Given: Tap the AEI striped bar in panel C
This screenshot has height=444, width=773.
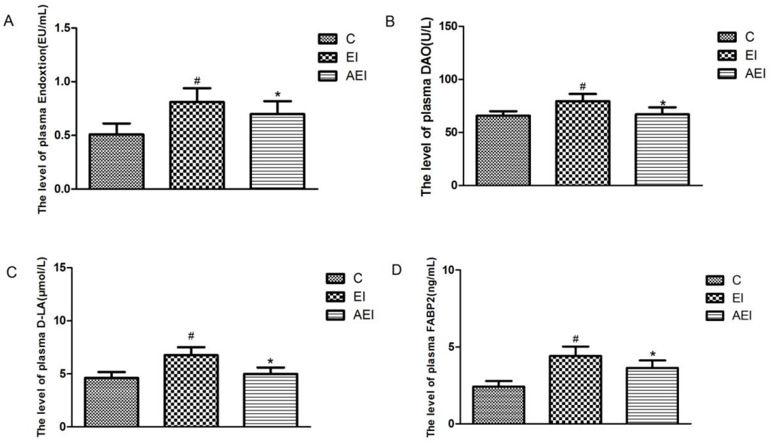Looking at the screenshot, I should coord(271,400).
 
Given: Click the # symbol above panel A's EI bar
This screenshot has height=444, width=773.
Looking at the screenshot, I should coord(197,81).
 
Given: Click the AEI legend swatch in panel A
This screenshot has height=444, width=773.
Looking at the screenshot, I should coord(327,76).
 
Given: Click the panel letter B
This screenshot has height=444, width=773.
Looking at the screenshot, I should coord(390,22).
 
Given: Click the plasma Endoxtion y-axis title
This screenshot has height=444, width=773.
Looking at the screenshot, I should coord(42,110).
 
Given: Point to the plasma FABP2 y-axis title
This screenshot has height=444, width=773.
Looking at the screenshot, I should coord(430,348).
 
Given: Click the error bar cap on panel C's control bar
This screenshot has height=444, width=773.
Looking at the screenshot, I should coord(111,372).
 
